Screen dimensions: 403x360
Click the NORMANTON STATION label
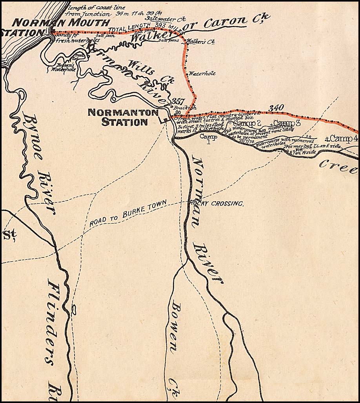[x=117, y=117]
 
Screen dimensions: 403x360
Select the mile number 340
[x=276, y=107]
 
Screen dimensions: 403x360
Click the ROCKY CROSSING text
[x=217, y=204]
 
